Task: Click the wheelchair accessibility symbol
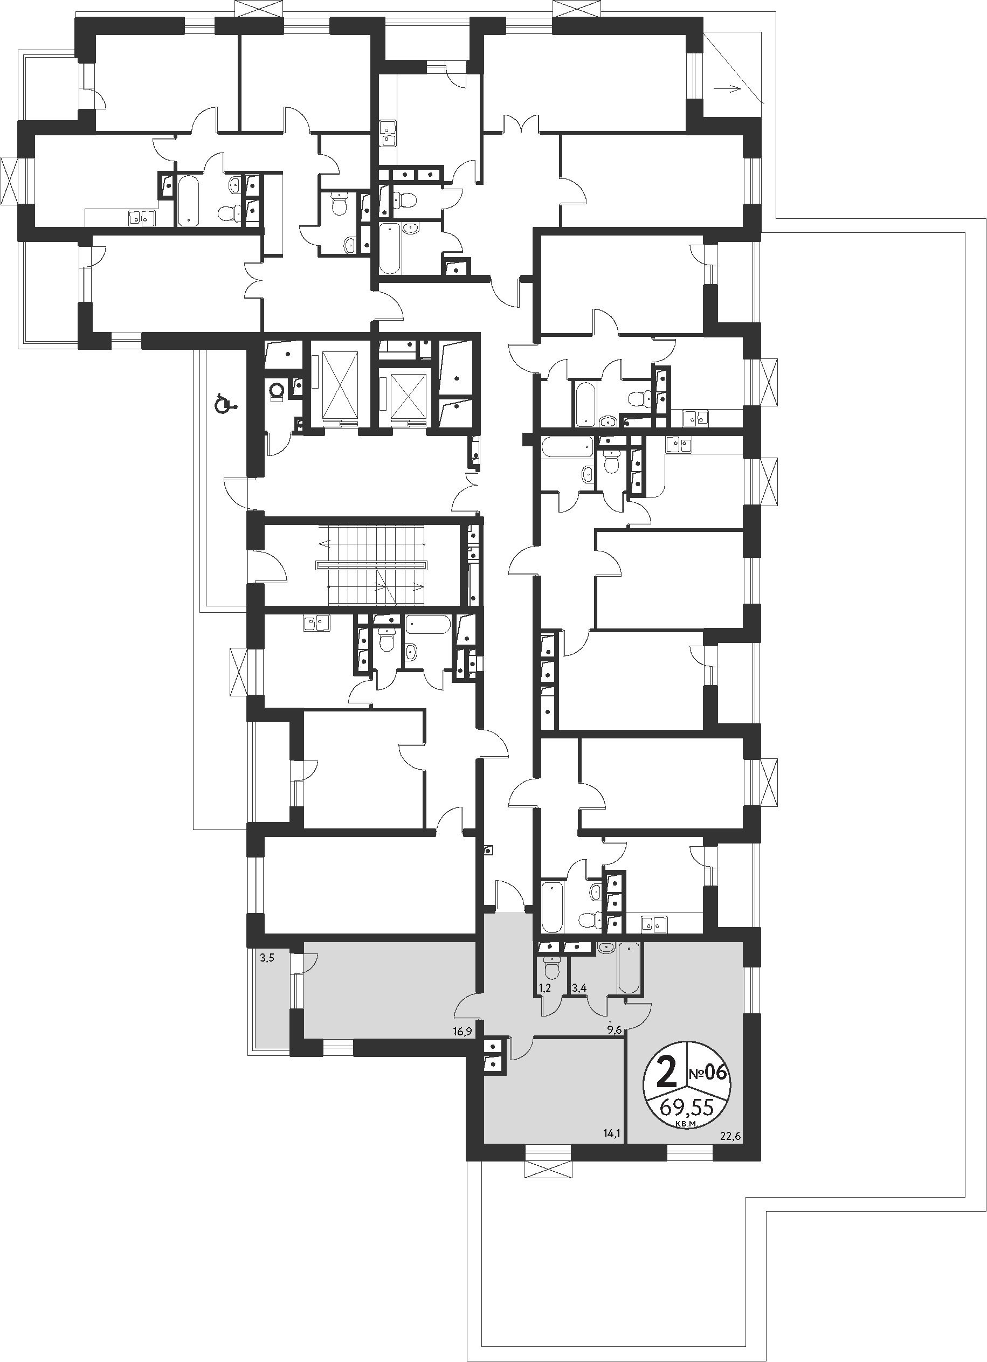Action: pos(226,403)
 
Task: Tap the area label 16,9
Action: pos(461,1032)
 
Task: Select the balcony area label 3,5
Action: pos(267,958)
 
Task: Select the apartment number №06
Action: pos(708,1073)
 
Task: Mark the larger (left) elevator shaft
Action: pos(340,385)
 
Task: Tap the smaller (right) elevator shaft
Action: pos(409,395)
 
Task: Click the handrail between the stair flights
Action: pos(371,565)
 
